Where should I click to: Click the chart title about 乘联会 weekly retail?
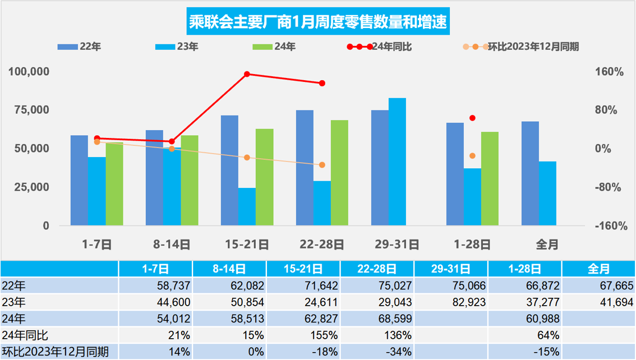tap(317, 23)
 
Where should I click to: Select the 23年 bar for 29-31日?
tap(397, 161)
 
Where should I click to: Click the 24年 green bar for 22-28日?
tap(339, 173)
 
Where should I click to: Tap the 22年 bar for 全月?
tap(530, 173)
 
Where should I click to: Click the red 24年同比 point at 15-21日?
tap(247, 74)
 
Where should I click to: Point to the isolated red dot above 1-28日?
tap(472, 118)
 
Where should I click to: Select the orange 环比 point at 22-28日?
tap(322, 165)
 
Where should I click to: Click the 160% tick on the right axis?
tap(610, 72)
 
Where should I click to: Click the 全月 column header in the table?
tap(598, 269)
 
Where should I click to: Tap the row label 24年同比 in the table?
tap(25, 335)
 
